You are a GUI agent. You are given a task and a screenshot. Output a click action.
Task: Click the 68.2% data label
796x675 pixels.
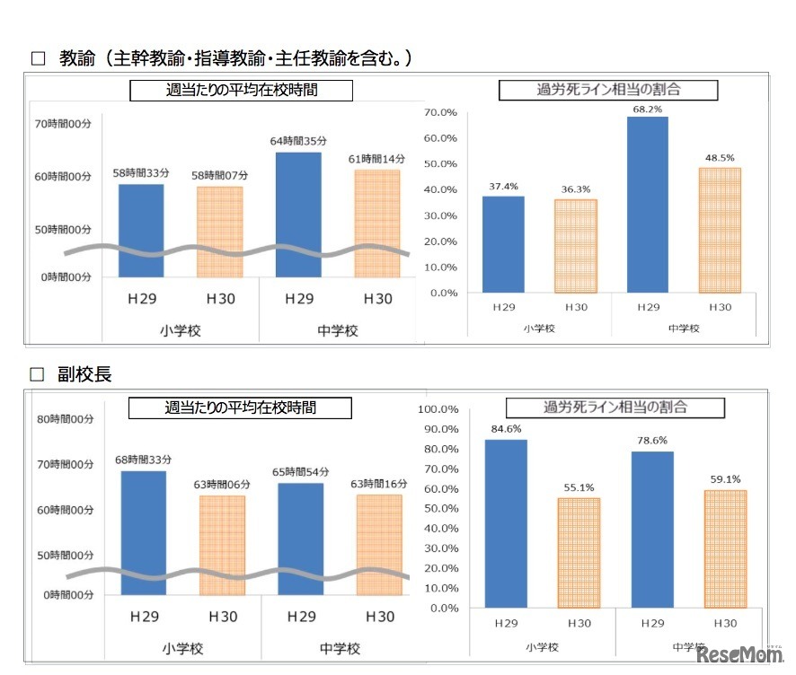pyautogui.click(x=648, y=110)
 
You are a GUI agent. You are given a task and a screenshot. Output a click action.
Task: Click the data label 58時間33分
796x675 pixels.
pyautogui.click(x=142, y=172)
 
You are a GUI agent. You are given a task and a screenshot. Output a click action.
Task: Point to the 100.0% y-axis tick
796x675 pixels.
pyautogui.click(x=440, y=409)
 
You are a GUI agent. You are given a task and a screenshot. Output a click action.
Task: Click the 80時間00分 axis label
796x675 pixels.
pyautogui.click(x=65, y=419)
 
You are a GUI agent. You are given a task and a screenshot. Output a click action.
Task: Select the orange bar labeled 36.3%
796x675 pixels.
pyautogui.click(x=575, y=245)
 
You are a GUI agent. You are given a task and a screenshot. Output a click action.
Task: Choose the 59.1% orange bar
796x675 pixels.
pyautogui.click(x=725, y=548)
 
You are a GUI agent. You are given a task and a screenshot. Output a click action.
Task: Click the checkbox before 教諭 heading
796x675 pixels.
pyautogui.click(x=38, y=59)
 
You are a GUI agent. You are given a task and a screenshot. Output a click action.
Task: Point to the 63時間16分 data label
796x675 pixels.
pyautogui.click(x=378, y=485)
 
